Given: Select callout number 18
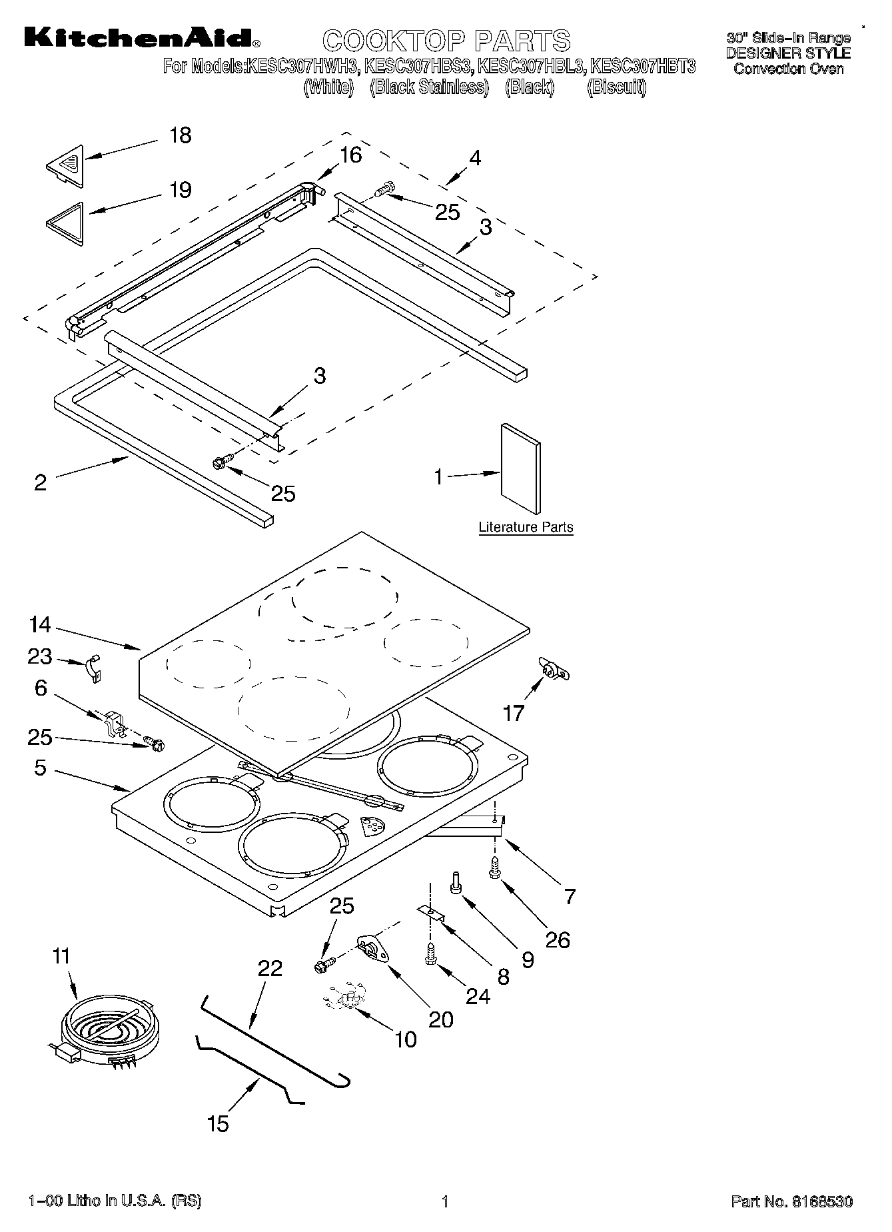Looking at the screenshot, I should click(x=180, y=135).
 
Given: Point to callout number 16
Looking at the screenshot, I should click(x=350, y=155).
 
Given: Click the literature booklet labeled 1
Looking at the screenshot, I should click(x=521, y=468).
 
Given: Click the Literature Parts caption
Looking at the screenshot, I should click(x=526, y=527).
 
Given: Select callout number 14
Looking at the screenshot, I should click(x=40, y=625).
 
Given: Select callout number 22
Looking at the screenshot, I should click(x=270, y=969).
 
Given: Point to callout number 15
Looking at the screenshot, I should click(x=218, y=1123).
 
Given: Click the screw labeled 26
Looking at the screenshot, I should click(x=495, y=867).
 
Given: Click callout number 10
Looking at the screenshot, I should click(x=406, y=1039).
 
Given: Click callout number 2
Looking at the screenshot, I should click(x=40, y=482).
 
